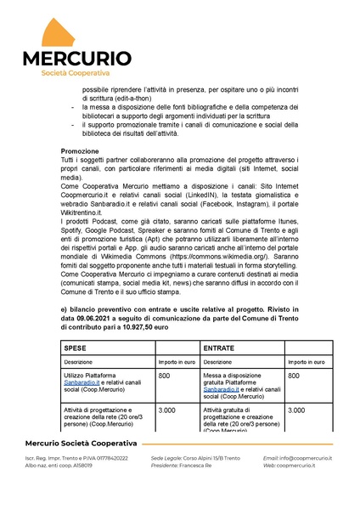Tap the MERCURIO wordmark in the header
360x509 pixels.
coord(76,59)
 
